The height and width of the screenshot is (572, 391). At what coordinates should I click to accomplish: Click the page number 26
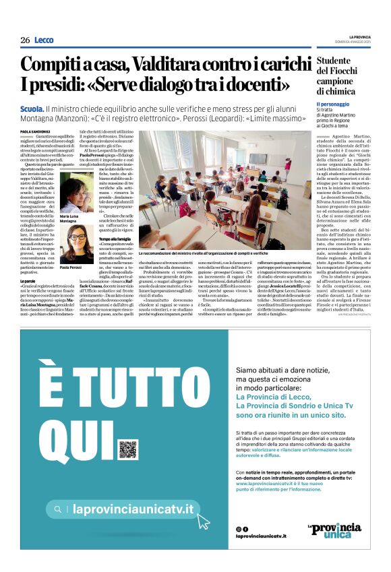[25, 40]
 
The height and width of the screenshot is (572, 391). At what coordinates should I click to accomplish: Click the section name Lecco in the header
[44, 40]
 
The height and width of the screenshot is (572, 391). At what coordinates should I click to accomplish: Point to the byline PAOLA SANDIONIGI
[34, 131]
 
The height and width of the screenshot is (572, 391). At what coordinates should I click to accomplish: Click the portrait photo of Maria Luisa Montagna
[76, 193]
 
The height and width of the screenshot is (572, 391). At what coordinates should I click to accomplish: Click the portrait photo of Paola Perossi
[76, 243]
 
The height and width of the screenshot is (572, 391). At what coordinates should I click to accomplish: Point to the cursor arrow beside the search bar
[203, 521]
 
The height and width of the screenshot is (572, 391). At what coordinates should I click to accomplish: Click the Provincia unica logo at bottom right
[334, 529]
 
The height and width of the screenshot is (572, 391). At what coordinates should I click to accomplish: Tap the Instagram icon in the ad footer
[239, 529]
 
